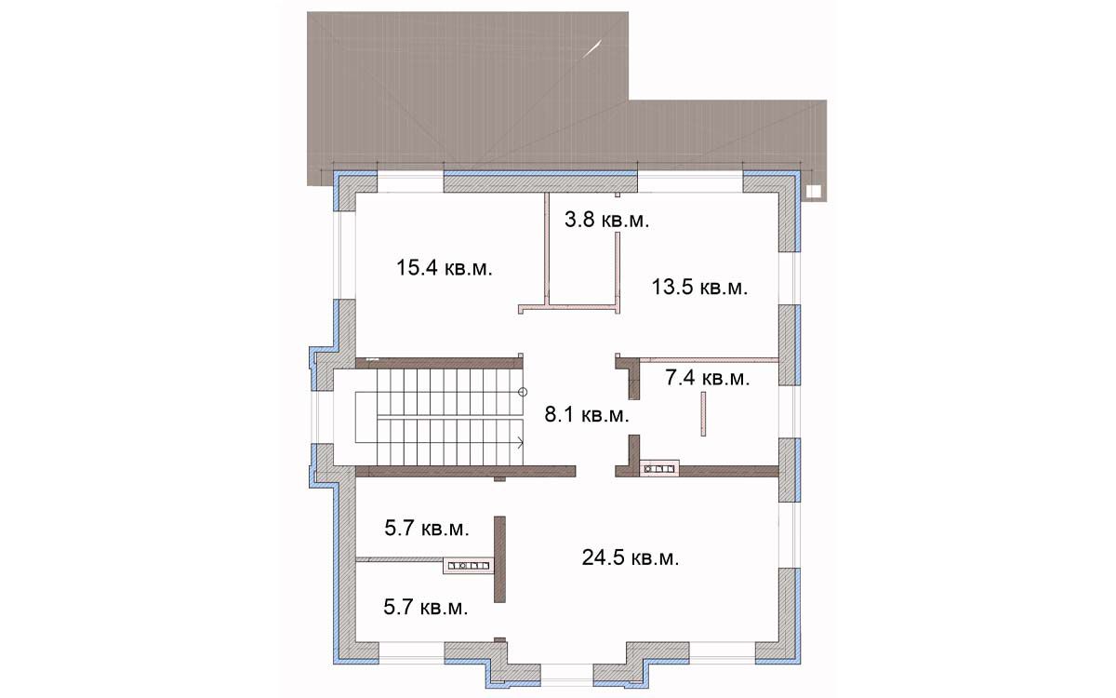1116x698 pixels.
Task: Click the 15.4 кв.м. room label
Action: [x=445, y=268]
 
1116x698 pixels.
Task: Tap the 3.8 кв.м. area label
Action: [x=606, y=220]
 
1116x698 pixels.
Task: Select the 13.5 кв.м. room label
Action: [x=700, y=288]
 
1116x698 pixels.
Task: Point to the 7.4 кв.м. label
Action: [x=708, y=378]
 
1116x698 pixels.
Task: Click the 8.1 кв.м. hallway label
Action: [x=587, y=415]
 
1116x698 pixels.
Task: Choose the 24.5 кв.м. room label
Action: [x=631, y=557]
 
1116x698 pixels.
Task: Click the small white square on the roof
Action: [x=814, y=192]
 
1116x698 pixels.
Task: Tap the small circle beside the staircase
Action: [x=523, y=392]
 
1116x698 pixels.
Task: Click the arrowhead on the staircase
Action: [x=521, y=442]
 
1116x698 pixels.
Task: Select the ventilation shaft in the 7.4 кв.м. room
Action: [x=659, y=469]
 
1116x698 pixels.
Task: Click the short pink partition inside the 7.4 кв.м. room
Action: [x=703, y=414]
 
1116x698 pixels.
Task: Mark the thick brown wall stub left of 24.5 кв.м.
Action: [x=499, y=559]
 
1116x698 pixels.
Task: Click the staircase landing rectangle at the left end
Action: [x=366, y=417]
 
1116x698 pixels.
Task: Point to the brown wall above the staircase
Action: [x=439, y=363]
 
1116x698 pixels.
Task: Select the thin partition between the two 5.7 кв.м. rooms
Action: [x=400, y=559]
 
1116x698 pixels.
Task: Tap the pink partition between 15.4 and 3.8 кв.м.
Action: [x=547, y=248]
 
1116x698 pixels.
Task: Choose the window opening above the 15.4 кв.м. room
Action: [x=410, y=182]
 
